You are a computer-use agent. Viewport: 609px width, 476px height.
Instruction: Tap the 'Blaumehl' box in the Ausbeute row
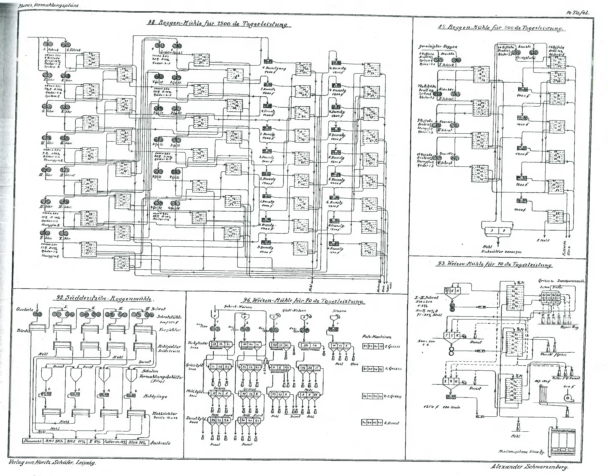(33, 441)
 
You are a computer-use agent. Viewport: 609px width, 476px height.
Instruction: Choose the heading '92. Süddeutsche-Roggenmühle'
(103, 299)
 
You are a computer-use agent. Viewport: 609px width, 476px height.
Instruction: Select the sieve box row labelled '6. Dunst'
(372, 422)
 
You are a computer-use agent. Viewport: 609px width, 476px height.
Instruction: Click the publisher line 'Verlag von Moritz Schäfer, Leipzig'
(52, 462)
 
